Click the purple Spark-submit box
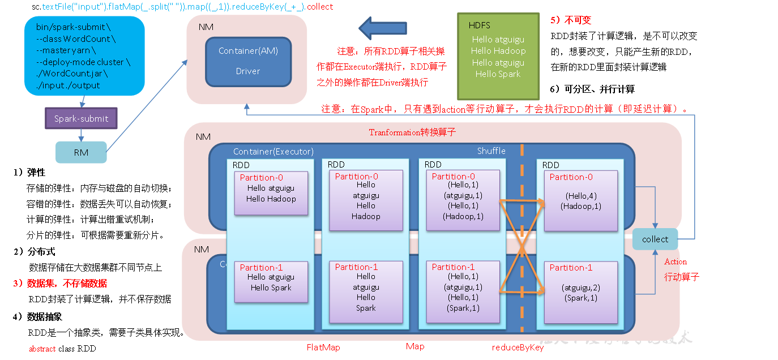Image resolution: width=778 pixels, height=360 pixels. pyautogui.click(x=81, y=118)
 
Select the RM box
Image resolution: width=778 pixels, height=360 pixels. pyautogui.click(x=81, y=152)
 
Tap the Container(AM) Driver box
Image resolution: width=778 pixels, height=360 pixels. pyautogui.click(x=247, y=61)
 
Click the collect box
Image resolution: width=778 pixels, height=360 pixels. pyautogui.click(x=655, y=239)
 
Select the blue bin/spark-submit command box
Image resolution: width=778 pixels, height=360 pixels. pyautogui.click(x=84, y=55)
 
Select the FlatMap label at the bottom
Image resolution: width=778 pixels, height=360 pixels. pyautogui.click(x=323, y=347)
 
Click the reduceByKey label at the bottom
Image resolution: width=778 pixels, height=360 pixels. pyautogui.click(x=518, y=348)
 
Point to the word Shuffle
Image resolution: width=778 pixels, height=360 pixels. pyautogui.click(x=491, y=151)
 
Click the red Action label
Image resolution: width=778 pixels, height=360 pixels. pyautogui.click(x=676, y=262)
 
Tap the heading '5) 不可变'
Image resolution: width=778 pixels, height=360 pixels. pyautogui.click(x=571, y=20)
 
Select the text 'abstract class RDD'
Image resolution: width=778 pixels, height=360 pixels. pyautogui.click(x=62, y=349)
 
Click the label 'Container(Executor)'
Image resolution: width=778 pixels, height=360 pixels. pyautogui.click(x=273, y=152)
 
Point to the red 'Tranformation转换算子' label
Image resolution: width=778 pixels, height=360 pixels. pyautogui.click(x=412, y=132)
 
